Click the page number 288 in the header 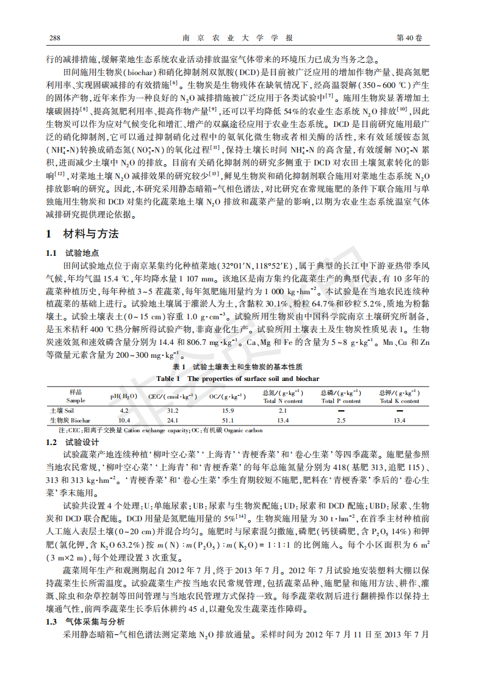(x=54, y=38)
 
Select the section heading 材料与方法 (x=82, y=234)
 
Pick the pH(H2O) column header (x=124, y=396)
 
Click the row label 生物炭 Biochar (x=70, y=421)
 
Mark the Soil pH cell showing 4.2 (x=124, y=411)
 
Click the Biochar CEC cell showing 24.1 (x=173, y=421)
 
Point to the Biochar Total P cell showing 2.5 (x=341, y=421)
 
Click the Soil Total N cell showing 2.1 (x=283, y=411)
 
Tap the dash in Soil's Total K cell (x=399, y=411)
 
